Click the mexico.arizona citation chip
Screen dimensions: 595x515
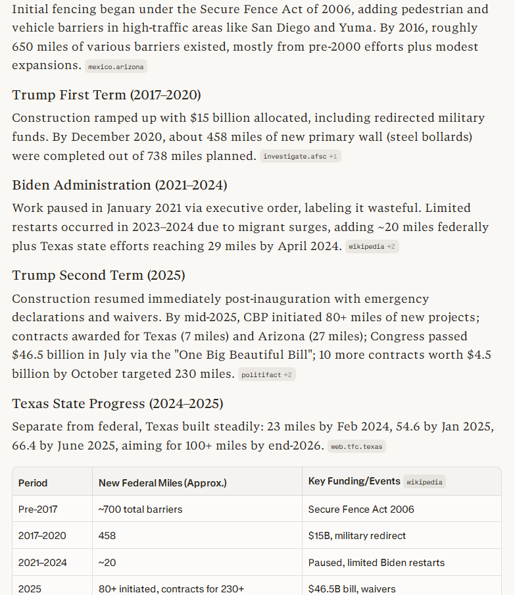click(116, 66)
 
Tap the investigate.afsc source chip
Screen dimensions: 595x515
click(301, 157)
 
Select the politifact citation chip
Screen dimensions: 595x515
click(266, 375)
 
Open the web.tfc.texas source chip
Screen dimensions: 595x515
click(356, 446)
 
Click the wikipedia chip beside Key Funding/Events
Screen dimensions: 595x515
click(424, 482)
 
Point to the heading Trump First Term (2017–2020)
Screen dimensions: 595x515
click(107, 95)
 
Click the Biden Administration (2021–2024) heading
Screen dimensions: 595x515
click(120, 185)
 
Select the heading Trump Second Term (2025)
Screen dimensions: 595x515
click(99, 275)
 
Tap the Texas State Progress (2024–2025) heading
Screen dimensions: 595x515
click(118, 403)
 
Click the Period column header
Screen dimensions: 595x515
click(33, 482)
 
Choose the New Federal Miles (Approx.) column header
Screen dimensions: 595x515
click(162, 482)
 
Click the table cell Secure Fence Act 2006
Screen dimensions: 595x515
click(361, 509)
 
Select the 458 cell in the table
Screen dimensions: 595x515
click(107, 536)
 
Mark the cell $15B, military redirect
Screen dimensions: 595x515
click(357, 536)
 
